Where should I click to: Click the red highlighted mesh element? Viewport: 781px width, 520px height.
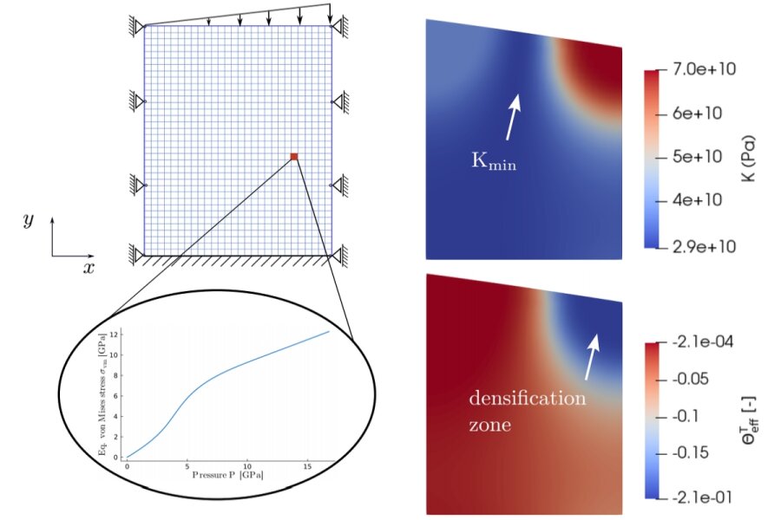[x=294, y=157]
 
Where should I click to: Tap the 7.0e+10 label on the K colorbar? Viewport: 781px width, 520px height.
[x=704, y=69]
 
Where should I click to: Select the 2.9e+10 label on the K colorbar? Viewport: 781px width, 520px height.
[x=704, y=246]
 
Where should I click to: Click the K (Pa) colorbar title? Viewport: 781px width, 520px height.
[x=748, y=158]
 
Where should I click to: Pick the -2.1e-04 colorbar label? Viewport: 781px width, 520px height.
[x=702, y=342]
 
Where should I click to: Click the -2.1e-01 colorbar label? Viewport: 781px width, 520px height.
[x=702, y=497]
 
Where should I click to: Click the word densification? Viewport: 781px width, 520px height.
[x=528, y=398]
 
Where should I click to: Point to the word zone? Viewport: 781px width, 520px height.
[x=490, y=425]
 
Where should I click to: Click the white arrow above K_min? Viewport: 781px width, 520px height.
[x=513, y=117]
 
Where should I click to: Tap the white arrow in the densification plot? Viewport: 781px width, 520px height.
[x=591, y=357]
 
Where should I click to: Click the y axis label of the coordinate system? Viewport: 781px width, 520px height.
[x=29, y=219]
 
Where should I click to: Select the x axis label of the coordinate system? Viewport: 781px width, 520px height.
[x=89, y=268]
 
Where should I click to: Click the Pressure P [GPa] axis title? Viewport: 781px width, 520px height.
[x=228, y=475]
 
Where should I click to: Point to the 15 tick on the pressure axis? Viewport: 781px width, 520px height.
[x=307, y=466]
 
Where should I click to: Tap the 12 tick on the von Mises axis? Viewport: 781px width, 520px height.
[x=115, y=335]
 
